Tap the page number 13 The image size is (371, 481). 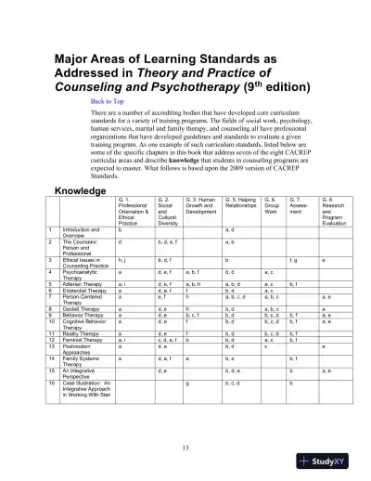(x=185, y=447)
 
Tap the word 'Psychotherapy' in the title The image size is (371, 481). (x=180, y=85)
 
